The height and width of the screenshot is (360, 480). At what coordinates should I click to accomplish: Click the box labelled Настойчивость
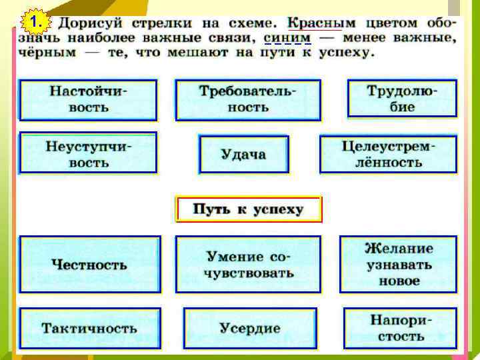[88, 99]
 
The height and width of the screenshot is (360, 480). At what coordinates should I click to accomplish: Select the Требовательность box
[247, 100]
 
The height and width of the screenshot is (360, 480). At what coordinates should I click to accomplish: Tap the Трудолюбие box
[402, 98]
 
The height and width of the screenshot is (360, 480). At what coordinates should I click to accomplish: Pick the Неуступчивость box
[88, 153]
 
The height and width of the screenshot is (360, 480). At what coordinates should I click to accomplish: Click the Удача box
[243, 155]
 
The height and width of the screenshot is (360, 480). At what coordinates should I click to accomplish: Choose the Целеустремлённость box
[388, 154]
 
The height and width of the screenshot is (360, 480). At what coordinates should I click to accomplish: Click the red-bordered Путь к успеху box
[248, 209]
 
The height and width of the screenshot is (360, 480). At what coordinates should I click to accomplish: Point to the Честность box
[89, 265]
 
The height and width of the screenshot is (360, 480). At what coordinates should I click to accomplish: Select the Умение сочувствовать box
[249, 265]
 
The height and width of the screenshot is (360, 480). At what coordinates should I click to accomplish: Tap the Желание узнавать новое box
[398, 264]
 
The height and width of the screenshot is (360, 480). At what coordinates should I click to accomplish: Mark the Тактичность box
[89, 328]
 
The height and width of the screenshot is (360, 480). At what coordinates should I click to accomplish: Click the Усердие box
[250, 328]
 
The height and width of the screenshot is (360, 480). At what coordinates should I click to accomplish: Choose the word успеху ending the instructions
[340, 52]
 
